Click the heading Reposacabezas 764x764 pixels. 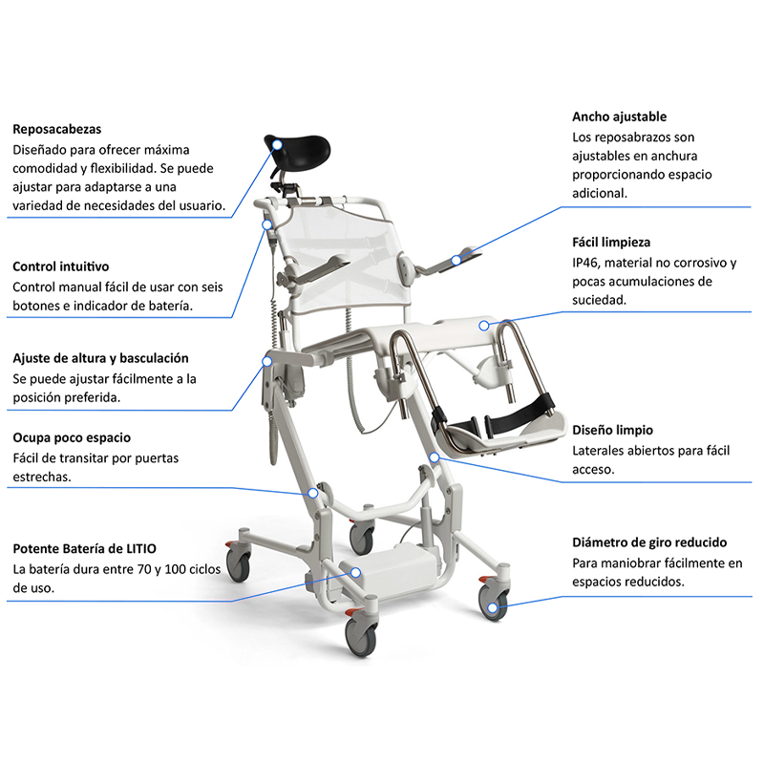57,129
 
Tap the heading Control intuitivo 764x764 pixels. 61,266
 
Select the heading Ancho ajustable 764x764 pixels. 619,117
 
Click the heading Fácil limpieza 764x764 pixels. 611,243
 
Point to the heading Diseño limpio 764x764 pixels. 612,431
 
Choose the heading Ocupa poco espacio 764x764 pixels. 72,437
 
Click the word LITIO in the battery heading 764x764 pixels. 141,548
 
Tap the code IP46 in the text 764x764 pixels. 585,264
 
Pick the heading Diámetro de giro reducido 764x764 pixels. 649,542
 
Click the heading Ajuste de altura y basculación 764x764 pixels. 100,358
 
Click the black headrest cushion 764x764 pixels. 298,149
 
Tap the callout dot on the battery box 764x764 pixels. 355,572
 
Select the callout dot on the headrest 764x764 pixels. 277,145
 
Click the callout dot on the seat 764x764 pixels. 484,326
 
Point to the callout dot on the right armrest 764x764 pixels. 456,260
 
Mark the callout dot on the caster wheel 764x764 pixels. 493,607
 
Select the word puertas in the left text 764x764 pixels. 157,458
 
